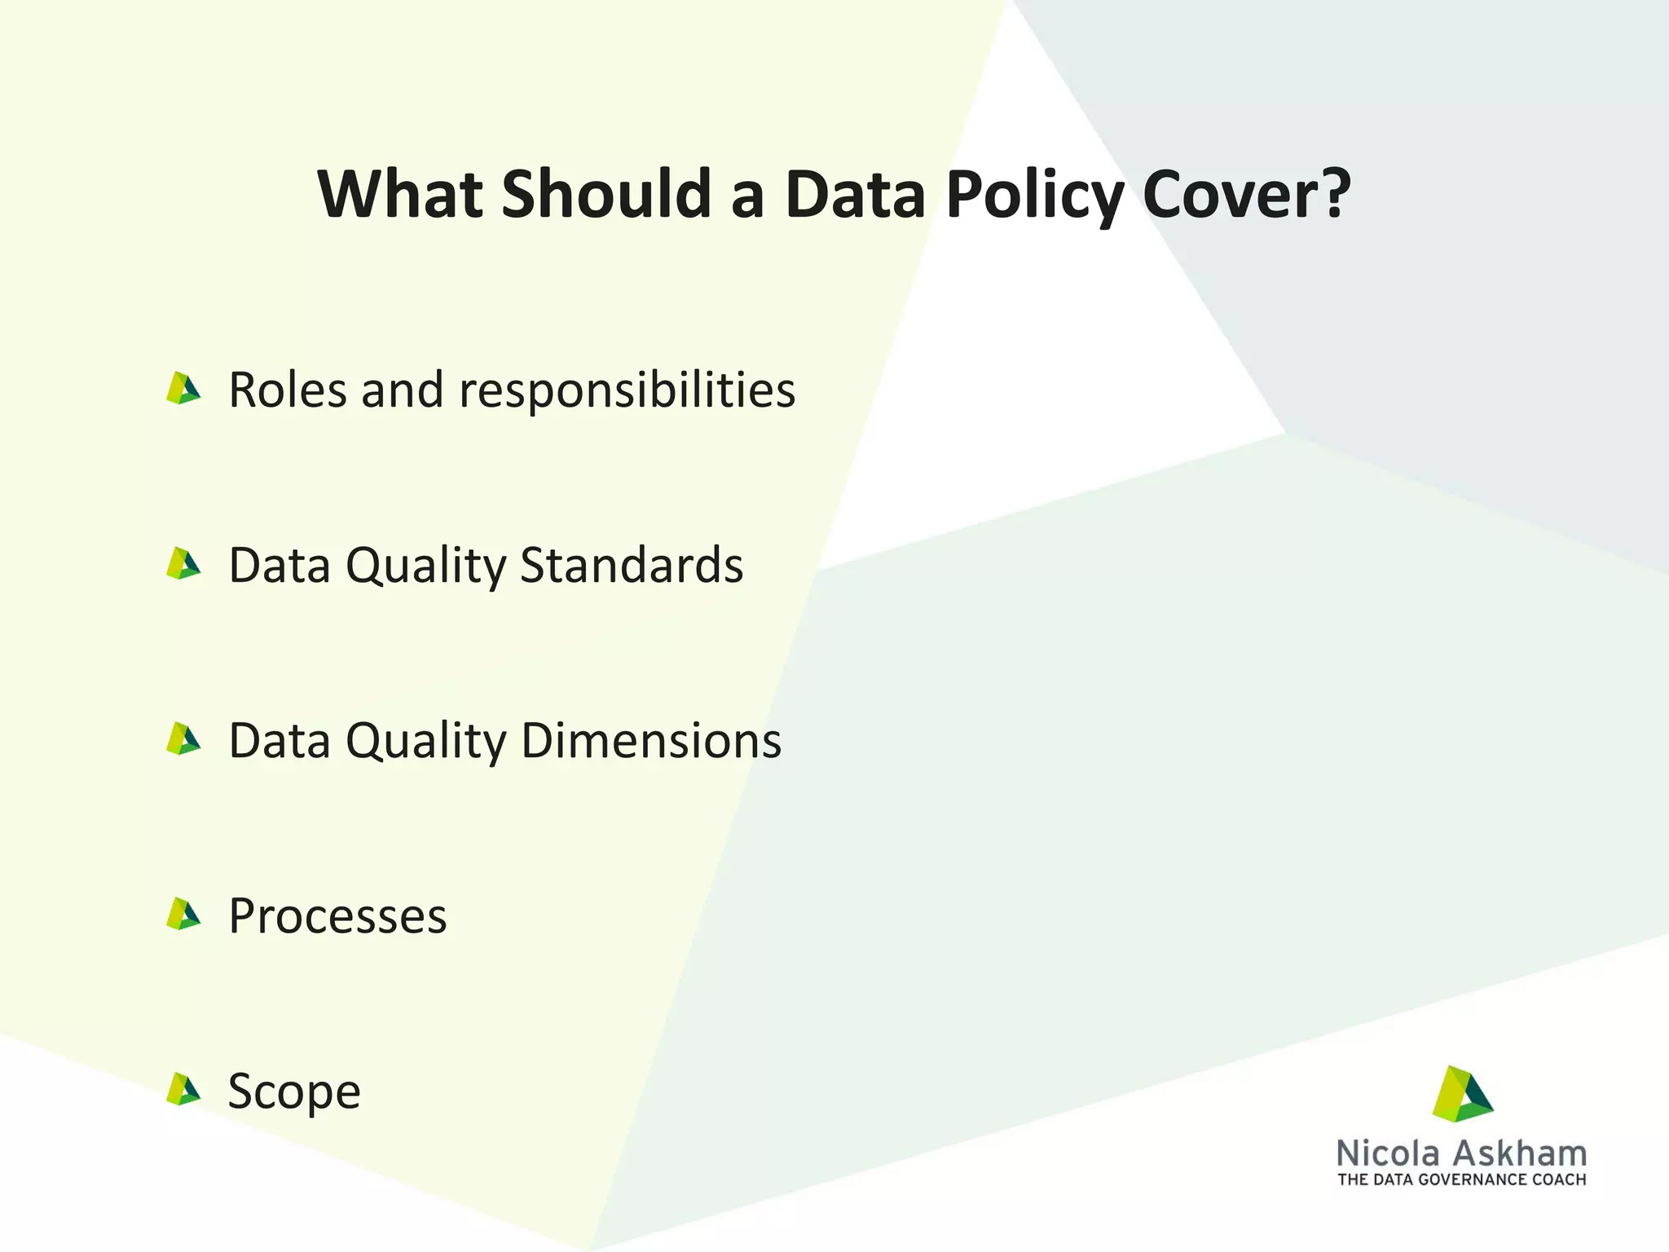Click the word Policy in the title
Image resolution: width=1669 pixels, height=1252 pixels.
[x=1034, y=196]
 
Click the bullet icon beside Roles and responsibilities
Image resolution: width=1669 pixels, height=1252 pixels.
[x=183, y=389]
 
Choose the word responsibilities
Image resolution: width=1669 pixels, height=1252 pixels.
[x=627, y=390]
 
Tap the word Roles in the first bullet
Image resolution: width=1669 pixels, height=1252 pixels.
[x=288, y=390]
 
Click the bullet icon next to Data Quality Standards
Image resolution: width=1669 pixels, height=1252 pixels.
[x=183, y=564]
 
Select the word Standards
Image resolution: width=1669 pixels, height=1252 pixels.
[x=632, y=565]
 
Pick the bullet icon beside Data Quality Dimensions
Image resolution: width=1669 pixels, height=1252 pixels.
[x=183, y=739]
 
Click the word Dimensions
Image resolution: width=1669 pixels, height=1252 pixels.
[x=651, y=740]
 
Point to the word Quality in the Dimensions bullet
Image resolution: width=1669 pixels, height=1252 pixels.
[x=426, y=742]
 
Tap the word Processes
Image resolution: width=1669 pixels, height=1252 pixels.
[x=337, y=916]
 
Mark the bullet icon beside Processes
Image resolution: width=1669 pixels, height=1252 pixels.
[x=183, y=915]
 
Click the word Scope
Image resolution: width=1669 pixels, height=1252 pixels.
[x=294, y=1091]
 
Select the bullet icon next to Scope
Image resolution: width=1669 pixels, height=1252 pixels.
[x=183, y=1090]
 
